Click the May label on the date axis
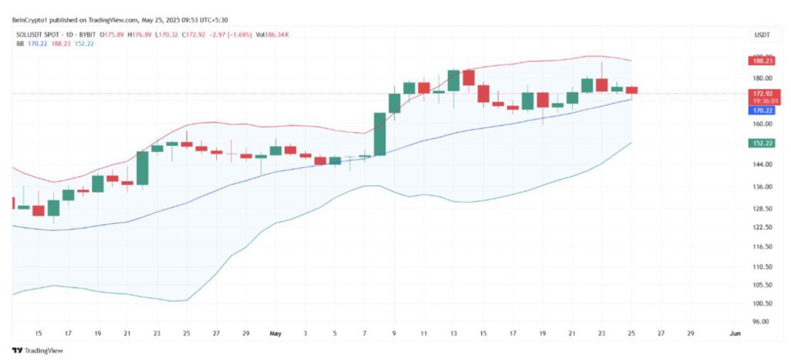point(275,334)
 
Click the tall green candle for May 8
point(379,134)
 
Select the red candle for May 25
point(631,90)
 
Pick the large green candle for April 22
point(142,168)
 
